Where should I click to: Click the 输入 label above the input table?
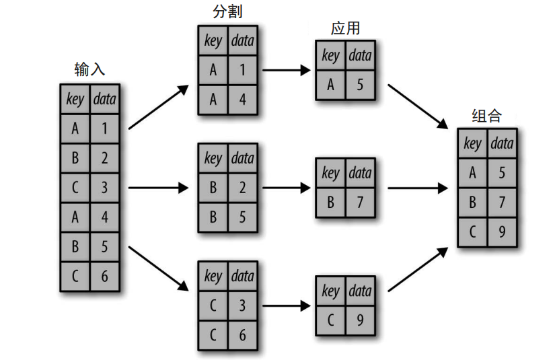pyautogui.click(x=89, y=69)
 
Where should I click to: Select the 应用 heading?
pyautogui.click(x=345, y=28)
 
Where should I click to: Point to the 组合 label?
pyautogui.click(x=486, y=115)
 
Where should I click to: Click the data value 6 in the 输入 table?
pyautogui.click(x=105, y=276)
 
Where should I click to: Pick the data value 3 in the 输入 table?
pyautogui.click(x=105, y=187)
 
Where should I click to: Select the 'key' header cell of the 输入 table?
pyautogui.click(x=75, y=100)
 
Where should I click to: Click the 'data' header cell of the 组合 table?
pyautogui.click(x=502, y=143)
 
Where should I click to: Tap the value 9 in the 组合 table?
pyautogui.click(x=502, y=232)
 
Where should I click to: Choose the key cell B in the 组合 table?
pyautogui.click(x=473, y=203)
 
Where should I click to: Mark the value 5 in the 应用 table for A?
pyautogui.click(x=360, y=85)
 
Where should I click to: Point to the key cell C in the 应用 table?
pyautogui.click(x=330, y=320)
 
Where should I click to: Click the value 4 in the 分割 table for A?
pyautogui.click(x=242, y=100)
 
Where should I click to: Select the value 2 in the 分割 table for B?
pyautogui.click(x=242, y=188)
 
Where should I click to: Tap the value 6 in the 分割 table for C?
pyautogui.click(x=242, y=335)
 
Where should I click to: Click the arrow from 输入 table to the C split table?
pyautogui.click(x=158, y=268)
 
